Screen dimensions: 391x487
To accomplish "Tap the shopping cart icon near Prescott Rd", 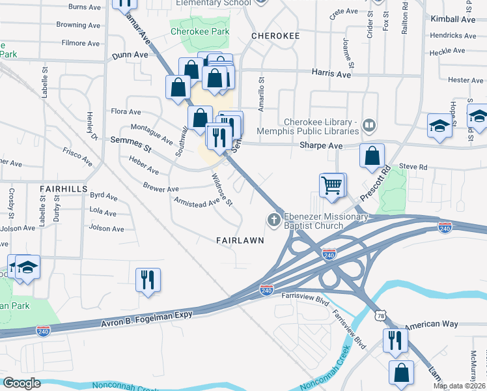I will click(332, 185).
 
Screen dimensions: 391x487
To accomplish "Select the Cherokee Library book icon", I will click(369, 124).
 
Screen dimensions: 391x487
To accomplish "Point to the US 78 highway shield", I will click(380, 315).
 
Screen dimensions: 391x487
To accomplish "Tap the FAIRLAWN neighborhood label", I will click(240, 240).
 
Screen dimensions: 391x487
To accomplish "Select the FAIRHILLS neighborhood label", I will click(63, 188).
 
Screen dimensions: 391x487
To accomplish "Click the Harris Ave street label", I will click(331, 75).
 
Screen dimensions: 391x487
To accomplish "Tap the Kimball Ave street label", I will click(453, 20).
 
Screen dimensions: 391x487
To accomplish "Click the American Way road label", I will click(432, 325).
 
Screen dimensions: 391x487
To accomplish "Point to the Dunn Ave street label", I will click(130, 56).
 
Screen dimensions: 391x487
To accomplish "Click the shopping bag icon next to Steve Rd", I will click(371, 156).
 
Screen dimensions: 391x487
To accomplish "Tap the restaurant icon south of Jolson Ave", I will click(148, 280).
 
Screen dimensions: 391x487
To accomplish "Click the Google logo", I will click(22, 383).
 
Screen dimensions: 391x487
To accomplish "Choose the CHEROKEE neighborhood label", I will click(274, 36).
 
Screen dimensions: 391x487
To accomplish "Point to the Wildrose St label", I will click(222, 189).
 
